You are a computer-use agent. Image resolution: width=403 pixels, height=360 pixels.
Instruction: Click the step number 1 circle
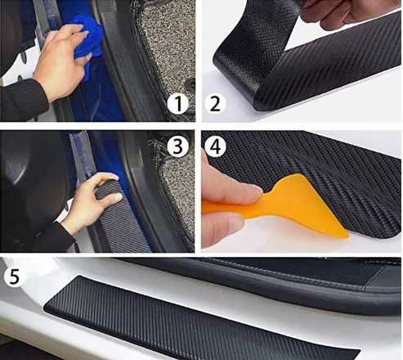pos(178,104)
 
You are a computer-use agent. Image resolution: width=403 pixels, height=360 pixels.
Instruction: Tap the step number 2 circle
pos(215,104)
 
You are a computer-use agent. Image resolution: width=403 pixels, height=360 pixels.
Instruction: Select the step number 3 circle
pos(177,146)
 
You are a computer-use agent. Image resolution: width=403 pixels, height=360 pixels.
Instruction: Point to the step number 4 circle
pos(215,146)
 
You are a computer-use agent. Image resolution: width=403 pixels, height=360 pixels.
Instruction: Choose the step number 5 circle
pos(14,277)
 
